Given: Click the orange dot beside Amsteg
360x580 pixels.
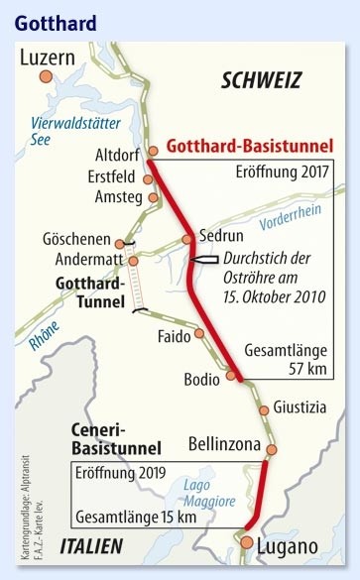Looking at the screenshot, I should click(x=153, y=197).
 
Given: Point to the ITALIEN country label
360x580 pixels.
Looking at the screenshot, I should click(x=90, y=545).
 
